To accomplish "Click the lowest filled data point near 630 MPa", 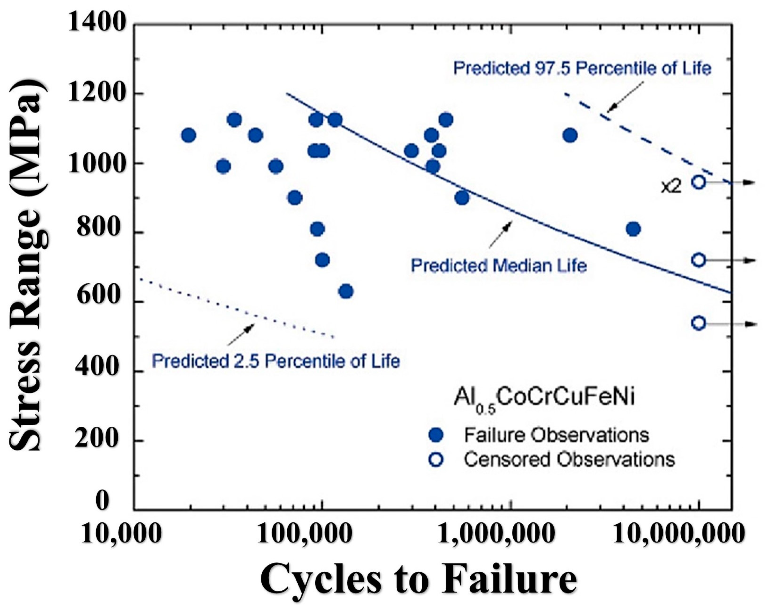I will tap(346, 291).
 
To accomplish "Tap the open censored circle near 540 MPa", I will tap(698, 323).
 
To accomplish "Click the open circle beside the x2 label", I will tap(698, 182).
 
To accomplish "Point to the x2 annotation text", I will tap(671, 187).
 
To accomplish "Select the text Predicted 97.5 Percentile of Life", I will tap(582, 69).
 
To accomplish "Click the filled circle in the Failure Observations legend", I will tap(436, 435).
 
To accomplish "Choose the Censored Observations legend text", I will tap(569, 460).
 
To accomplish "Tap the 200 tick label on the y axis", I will tap(97, 440).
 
